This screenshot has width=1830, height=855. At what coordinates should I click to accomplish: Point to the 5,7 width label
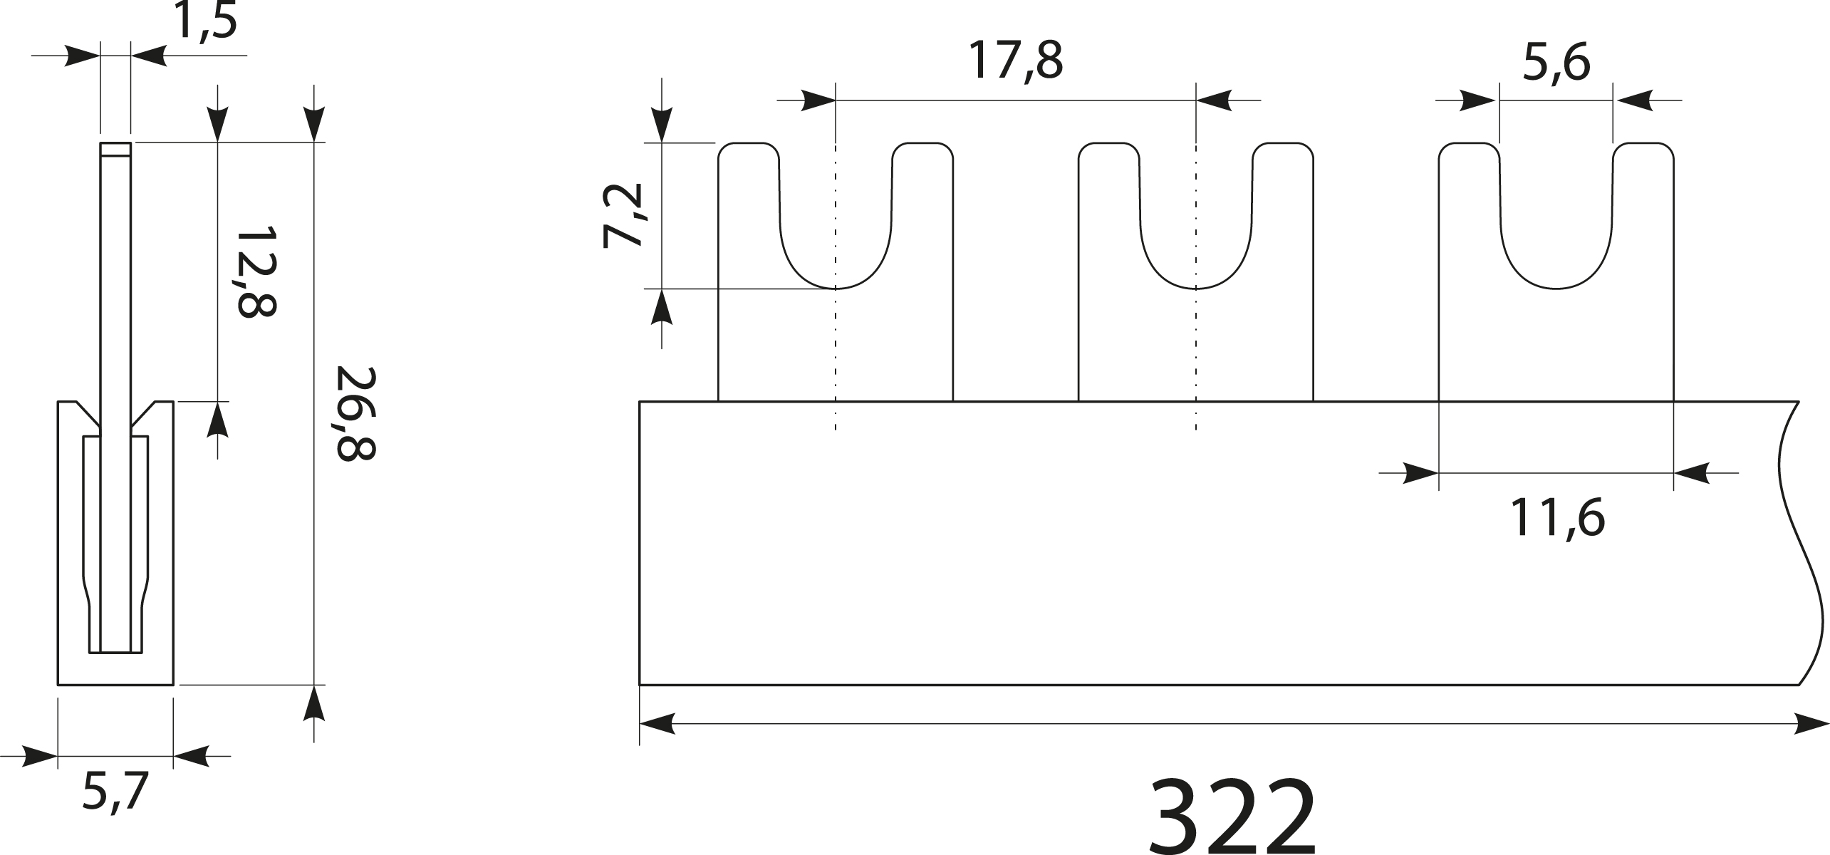[x=115, y=792]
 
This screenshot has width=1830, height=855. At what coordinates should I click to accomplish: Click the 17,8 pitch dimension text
[x=1015, y=62]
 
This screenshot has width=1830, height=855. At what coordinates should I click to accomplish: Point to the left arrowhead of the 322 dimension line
[x=657, y=724]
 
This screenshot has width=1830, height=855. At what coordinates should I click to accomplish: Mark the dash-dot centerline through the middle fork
[x=1196, y=356]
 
